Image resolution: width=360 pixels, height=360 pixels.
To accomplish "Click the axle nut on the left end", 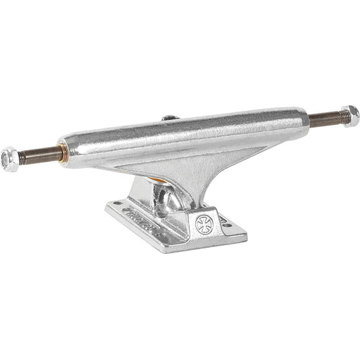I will click(x=10, y=158).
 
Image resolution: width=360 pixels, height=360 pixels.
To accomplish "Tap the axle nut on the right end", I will click(x=350, y=115).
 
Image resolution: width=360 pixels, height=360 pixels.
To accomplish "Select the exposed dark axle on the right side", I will click(x=324, y=120).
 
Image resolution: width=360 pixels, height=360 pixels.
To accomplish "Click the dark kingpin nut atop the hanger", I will click(x=168, y=119).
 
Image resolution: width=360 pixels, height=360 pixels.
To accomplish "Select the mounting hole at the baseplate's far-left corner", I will click(x=116, y=202).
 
